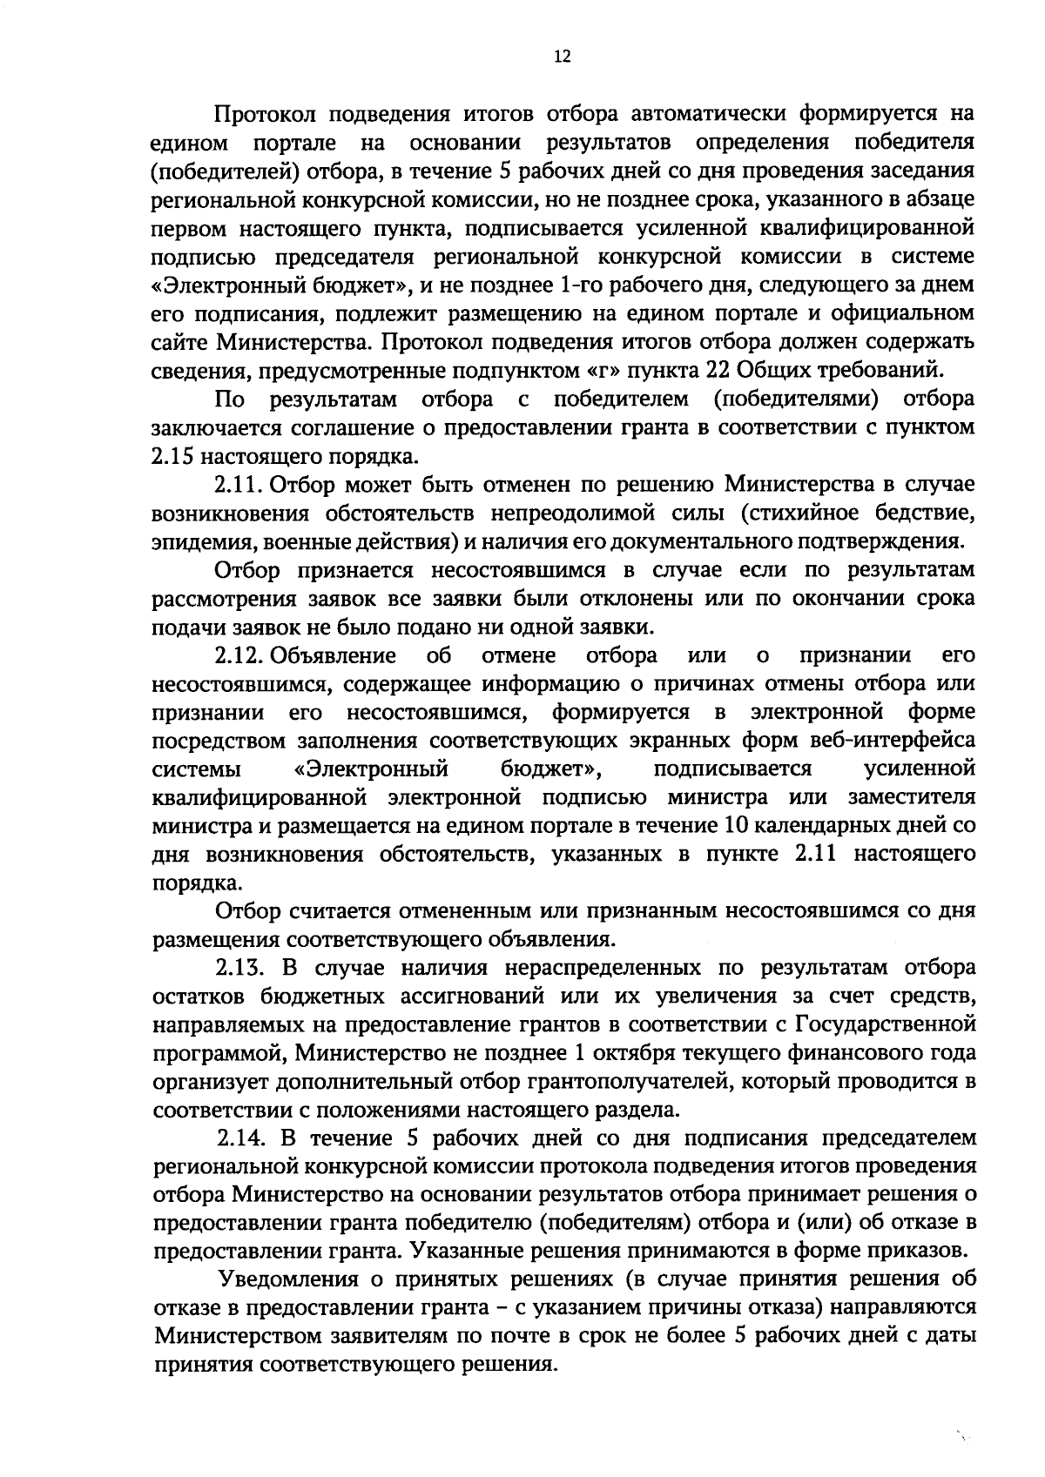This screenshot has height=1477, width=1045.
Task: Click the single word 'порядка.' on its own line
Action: [x=189, y=883]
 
